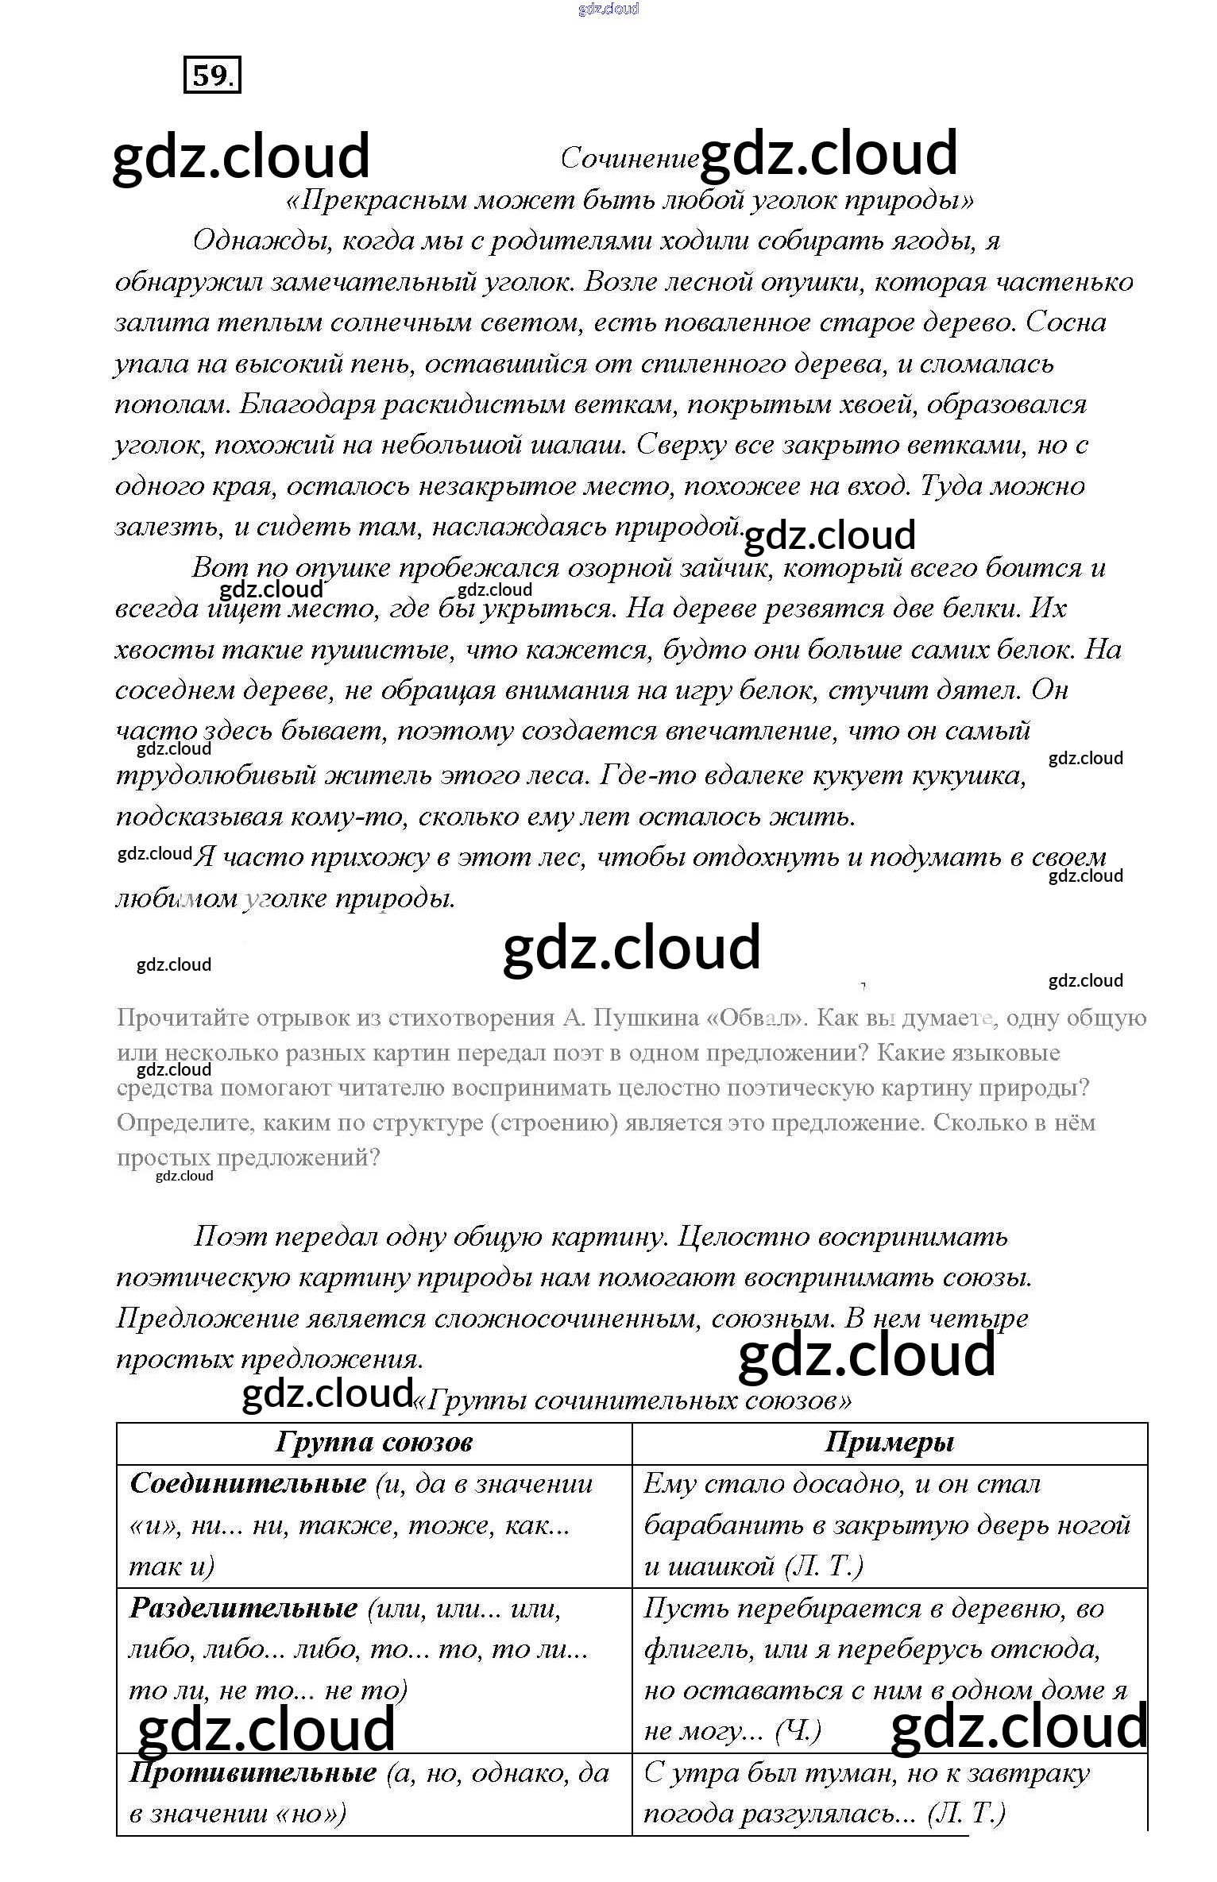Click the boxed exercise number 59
click(x=211, y=75)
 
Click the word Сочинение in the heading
click(x=629, y=159)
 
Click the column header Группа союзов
click(x=374, y=1442)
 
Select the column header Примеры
click(x=889, y=1442)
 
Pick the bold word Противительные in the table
click(x=253, y=1772)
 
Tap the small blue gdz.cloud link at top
click(x=608, y=9)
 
